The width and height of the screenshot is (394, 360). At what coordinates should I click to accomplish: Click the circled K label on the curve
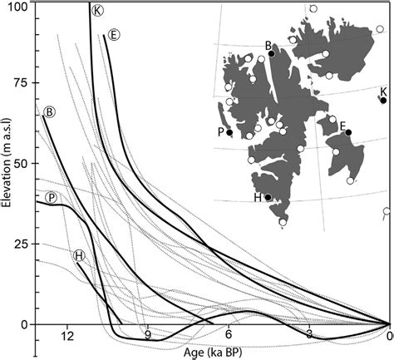98,10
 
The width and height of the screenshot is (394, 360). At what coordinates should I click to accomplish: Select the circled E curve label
115,34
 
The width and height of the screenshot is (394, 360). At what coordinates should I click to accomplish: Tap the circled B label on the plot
49,111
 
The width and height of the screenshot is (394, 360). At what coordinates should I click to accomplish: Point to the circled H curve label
78,255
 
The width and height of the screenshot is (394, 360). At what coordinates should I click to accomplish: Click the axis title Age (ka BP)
214,351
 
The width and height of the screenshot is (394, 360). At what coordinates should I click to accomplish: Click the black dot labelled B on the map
272,54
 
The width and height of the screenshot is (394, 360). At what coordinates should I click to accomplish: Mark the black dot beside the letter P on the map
229,132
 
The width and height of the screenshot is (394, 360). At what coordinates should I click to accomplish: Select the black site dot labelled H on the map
268,198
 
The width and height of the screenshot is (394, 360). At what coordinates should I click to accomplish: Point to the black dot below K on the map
383,101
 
